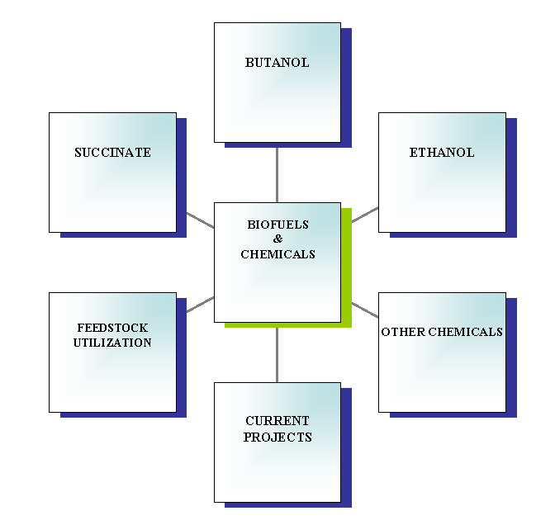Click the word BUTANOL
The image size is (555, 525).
point(277,63)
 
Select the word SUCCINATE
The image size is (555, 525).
point(112,153)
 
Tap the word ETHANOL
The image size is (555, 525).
point(442,153)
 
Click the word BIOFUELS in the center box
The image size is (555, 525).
point(277,225)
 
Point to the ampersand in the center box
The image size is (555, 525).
point(277,239)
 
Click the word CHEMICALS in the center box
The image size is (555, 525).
point(277,254)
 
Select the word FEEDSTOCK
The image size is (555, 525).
point(112,328)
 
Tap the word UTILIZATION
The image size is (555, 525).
point(112,343)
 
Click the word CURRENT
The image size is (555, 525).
point(277,421)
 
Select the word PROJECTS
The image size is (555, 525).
point(277,437)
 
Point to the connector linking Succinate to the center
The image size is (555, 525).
point(200,220)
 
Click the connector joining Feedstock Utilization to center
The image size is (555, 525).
point(200,305)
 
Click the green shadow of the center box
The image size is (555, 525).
point(347,272)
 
